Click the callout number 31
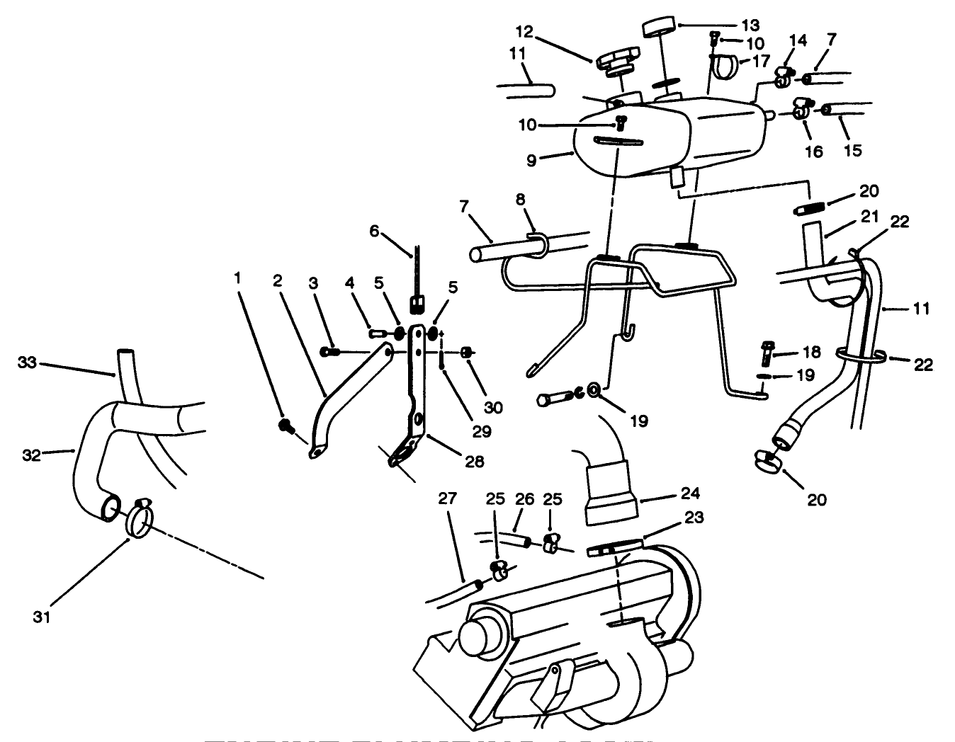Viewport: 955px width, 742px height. coord(41,618)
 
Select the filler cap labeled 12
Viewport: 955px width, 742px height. coord(618,59)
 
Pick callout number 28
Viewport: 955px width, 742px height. coord(474,462)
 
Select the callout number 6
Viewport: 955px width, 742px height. coord(375,232)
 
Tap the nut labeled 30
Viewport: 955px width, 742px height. coord(467,352)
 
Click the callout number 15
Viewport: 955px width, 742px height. coord(852,151)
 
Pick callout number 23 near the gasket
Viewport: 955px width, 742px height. coord(694,518)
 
